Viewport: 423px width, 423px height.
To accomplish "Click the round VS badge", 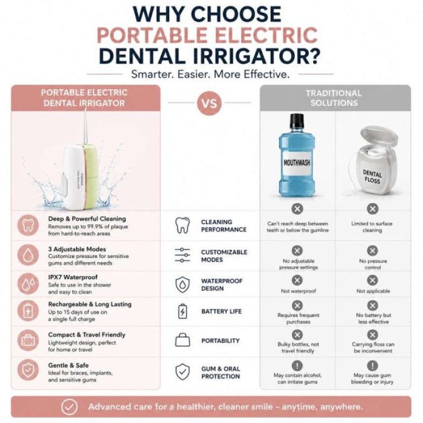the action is (209, 103).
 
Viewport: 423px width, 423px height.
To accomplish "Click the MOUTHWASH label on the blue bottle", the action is (297, 163).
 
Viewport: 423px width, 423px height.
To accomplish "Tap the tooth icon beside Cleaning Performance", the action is (182, 225).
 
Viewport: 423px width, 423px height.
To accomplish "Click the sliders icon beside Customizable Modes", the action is (182, 255).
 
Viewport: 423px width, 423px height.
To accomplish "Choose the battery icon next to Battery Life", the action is (182, 311).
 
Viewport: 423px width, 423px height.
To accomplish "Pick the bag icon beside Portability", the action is (182, 340).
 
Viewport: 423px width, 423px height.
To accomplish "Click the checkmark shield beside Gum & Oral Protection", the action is (182, 372).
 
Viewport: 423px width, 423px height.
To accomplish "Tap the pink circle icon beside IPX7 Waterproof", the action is (28, 284).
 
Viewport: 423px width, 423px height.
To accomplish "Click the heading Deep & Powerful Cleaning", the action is (87, 219).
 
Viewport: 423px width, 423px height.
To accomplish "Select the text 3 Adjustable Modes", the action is (77, 249).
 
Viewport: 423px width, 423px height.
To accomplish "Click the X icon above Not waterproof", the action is (297, 280).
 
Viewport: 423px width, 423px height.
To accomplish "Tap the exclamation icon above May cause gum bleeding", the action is (372, 365).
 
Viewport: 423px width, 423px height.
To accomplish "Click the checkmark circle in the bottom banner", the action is (69, 407).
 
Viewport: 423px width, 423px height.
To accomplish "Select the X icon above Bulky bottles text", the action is (297, 335).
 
